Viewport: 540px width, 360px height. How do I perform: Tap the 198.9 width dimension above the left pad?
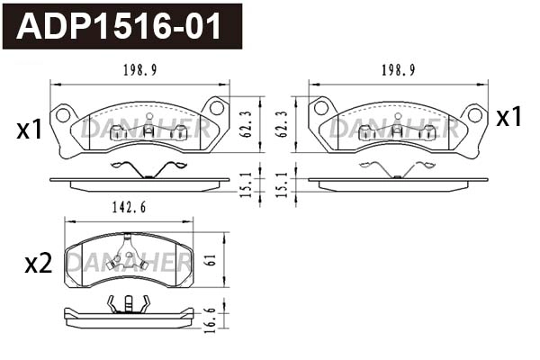[139, 69]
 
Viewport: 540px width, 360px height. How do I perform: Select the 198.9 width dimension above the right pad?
[398, 69]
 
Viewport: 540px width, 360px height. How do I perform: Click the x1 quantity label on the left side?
[30, 130]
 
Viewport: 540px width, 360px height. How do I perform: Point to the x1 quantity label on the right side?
[509, 117]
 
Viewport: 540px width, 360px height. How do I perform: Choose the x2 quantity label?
[37, 264]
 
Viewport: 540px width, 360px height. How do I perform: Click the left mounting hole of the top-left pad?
[63, 114]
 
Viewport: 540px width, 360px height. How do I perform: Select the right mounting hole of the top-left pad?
[217, 108]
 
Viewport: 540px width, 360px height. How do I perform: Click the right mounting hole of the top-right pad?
[474, 114]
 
